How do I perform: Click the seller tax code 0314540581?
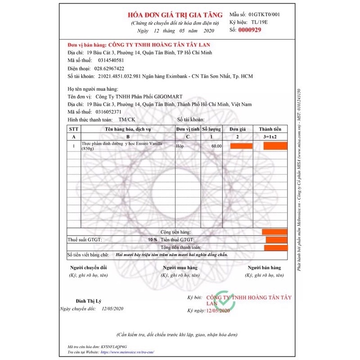(109, 60)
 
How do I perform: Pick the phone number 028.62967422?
(109, 68)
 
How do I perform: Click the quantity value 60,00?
(216, 146)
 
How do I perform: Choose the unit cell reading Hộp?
(180, 146)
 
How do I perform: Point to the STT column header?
(73, 129)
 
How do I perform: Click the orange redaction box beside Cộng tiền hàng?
(274, 231)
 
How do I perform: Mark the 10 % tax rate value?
(153, 239)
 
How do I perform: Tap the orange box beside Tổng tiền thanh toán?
(276, 247)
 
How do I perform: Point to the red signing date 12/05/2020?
(218, 310)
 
